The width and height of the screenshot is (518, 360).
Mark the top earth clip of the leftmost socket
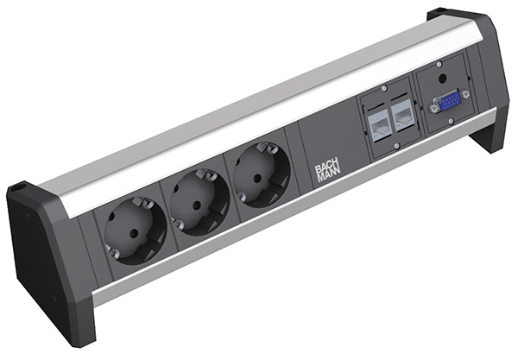click(x=137, y=205)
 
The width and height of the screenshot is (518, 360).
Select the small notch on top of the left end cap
click(x=19, y=186)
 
